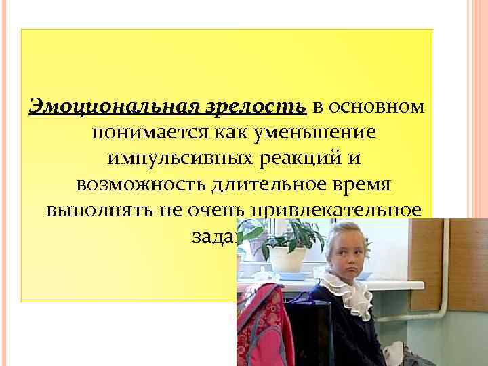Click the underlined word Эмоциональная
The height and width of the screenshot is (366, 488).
pos(113,106)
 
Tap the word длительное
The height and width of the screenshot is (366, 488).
pos(270,184)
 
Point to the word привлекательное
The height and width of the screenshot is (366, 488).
pos(339,209)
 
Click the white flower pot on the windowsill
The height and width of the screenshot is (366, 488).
pos(287,260)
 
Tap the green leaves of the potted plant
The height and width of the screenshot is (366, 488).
pos(285,235)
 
